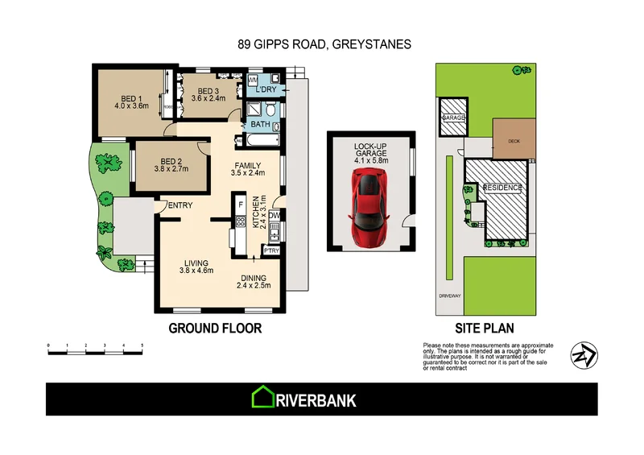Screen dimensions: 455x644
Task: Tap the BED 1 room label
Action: (131, 100)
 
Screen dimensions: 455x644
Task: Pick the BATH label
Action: (260, 125)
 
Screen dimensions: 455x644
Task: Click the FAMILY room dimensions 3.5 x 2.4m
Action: (248, 172)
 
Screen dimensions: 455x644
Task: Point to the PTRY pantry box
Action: (271, 250)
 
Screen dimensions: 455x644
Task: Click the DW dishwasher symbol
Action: (274, 216)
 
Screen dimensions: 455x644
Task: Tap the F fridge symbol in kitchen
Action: (240, 203)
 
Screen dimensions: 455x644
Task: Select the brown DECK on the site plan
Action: (513, 139)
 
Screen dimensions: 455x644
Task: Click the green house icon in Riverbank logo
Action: (262, 397)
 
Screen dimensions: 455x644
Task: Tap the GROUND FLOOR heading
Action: (215, 329)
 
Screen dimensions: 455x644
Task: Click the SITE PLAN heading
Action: (485, 329)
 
